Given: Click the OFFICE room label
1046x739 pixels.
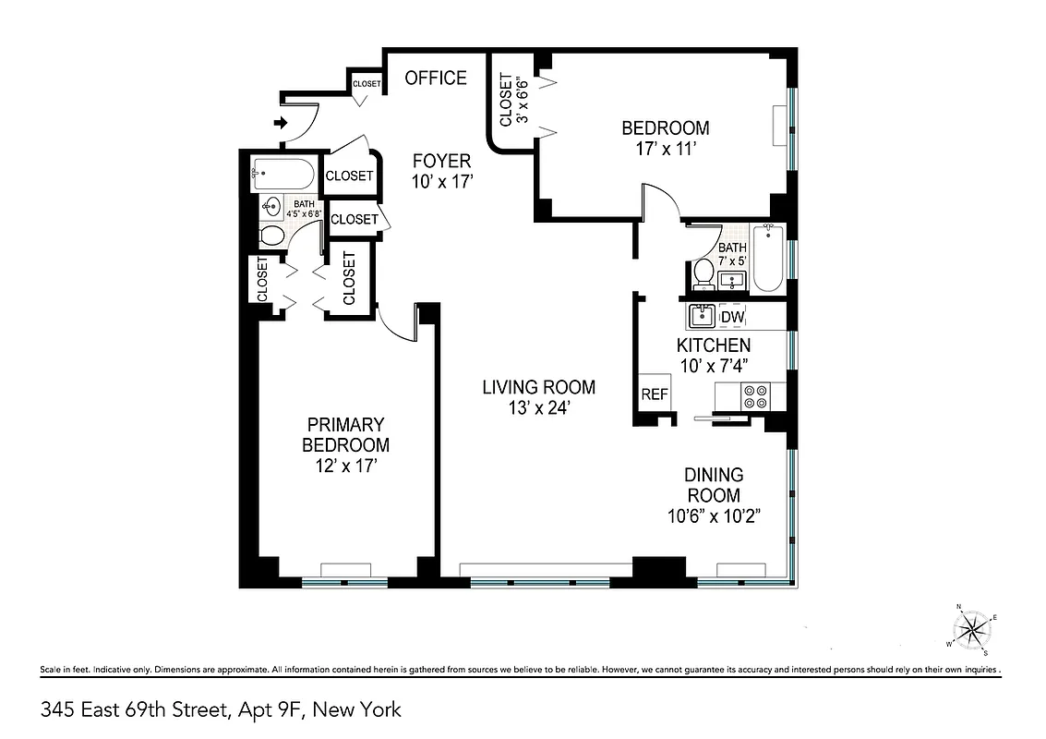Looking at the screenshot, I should [436, 79].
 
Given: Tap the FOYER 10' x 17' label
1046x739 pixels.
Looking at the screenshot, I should [441, 171].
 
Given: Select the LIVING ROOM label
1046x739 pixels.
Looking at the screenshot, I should [538, 396].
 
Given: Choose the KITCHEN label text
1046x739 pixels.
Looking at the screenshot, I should [714, 355].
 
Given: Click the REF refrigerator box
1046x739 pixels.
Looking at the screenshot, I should [654, 394].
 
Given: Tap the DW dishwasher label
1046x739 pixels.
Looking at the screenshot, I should [732, 318].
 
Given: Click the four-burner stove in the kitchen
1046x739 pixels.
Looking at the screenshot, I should [755, 396].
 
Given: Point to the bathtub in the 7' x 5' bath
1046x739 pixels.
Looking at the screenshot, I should [768, 260].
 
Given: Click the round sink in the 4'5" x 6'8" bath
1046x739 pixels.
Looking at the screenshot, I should [273, 206].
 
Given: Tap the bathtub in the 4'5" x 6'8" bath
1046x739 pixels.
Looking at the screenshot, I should [283, 173].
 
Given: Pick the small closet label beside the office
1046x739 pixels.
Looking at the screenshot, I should [367, 84].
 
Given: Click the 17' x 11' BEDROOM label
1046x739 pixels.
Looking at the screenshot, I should [665, 138].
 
